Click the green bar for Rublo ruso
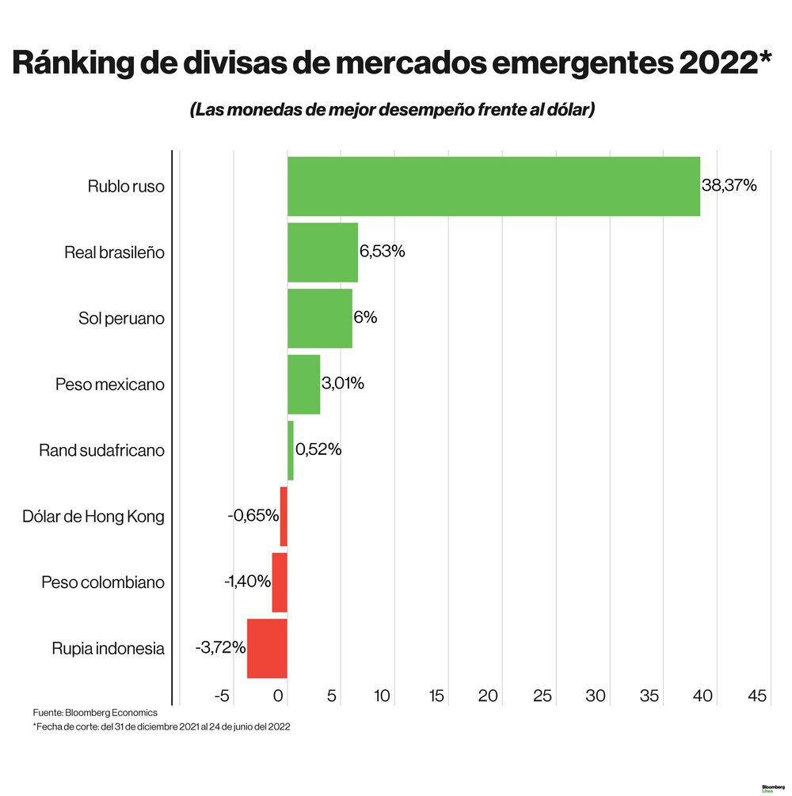493,186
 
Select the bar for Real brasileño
322,252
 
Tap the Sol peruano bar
319,318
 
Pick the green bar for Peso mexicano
303,385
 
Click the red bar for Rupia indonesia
267,649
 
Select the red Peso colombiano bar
280,582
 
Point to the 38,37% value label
729,186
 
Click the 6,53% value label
383,252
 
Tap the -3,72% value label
220,648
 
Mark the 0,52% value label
318,449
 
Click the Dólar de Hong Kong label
94,517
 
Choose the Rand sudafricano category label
101,450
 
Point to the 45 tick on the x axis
757,696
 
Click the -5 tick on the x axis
223,696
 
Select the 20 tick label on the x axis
488,696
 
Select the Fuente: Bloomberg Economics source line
95,713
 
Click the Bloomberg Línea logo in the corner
772,788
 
